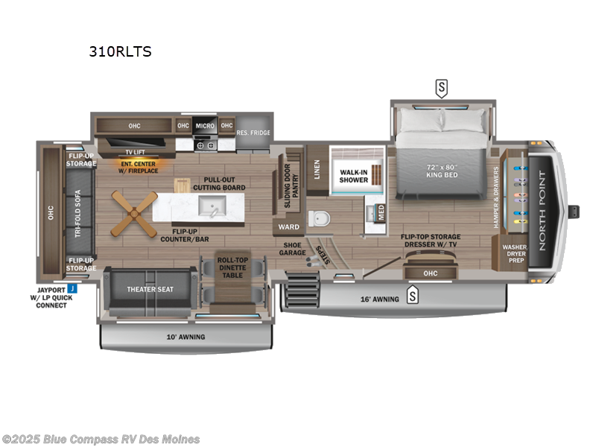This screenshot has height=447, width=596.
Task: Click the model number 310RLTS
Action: [120, 51]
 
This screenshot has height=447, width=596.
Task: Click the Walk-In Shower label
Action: [355, 175]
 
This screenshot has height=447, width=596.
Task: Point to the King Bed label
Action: [441, 171]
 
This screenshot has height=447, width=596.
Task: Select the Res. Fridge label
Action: [252, 133]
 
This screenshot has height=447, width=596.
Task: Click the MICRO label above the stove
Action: [205, 126]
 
